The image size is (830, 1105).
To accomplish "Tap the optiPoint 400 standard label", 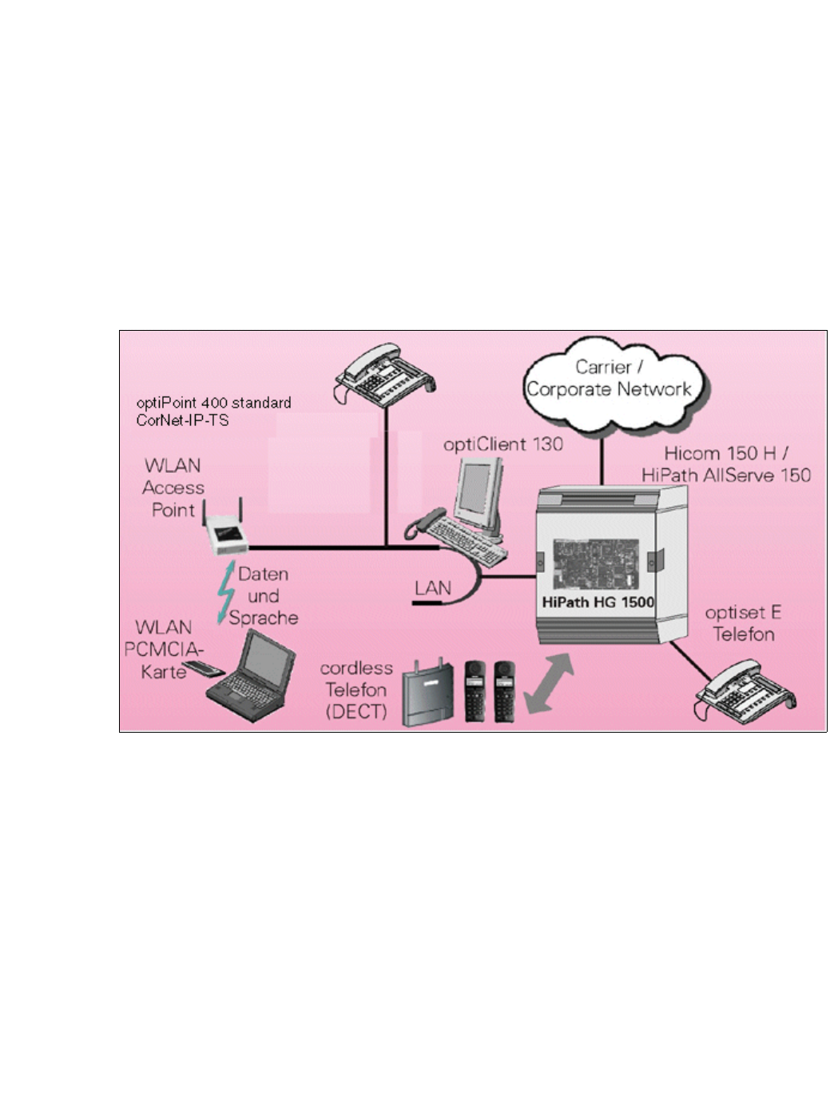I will (213, 403).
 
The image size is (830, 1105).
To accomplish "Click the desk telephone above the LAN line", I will (384, 372).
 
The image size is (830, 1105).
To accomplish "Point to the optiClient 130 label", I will (503, 444).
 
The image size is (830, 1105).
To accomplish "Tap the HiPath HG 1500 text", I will (598, 602).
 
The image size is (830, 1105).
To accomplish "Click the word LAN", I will (433, 588).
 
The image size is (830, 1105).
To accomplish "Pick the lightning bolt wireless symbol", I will (226, 593).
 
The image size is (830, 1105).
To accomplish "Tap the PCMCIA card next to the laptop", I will (195, 668).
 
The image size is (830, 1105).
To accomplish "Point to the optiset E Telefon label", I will (743, 624).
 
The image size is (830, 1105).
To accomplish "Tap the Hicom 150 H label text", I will (720, 453).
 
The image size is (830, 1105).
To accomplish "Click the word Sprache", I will (264, 618).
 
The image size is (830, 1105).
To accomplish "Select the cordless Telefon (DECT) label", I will (356, 690).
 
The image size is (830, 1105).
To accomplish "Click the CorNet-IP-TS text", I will (182, 420).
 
